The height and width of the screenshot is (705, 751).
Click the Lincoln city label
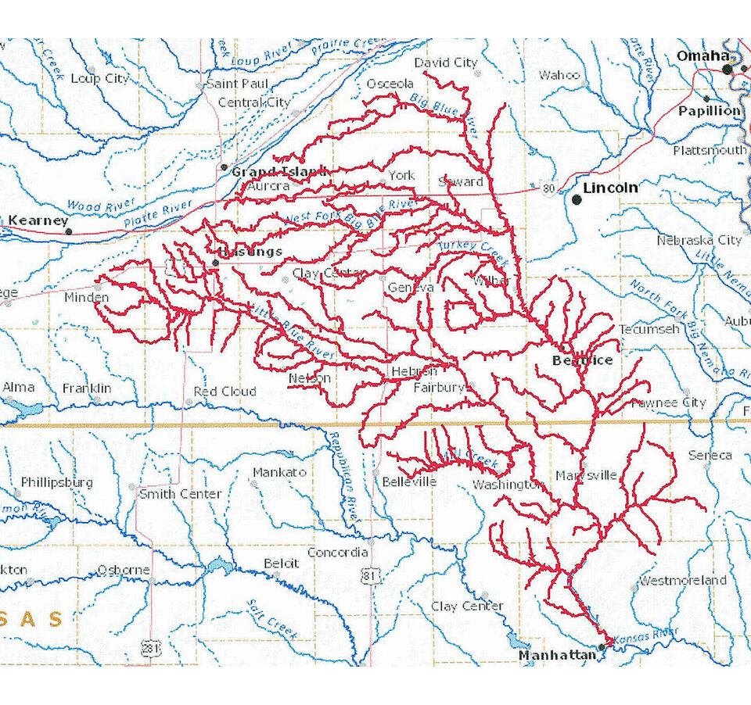point(610,188)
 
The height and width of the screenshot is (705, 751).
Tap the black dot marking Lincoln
point(577,199)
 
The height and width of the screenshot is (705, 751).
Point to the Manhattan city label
point(557,656)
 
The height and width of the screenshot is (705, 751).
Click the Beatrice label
point(582,360)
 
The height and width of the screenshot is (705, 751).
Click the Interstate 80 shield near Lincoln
point(550,189)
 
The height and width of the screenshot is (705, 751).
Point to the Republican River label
point(345,477)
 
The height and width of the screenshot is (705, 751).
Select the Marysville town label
point(587,475)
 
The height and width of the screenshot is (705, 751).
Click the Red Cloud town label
point(225,391)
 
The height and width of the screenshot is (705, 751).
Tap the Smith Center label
point(180,494)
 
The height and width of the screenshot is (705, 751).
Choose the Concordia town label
point(337,553)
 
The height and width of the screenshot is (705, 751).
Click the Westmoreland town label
point(682,580)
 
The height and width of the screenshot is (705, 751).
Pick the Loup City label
point(99,78)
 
